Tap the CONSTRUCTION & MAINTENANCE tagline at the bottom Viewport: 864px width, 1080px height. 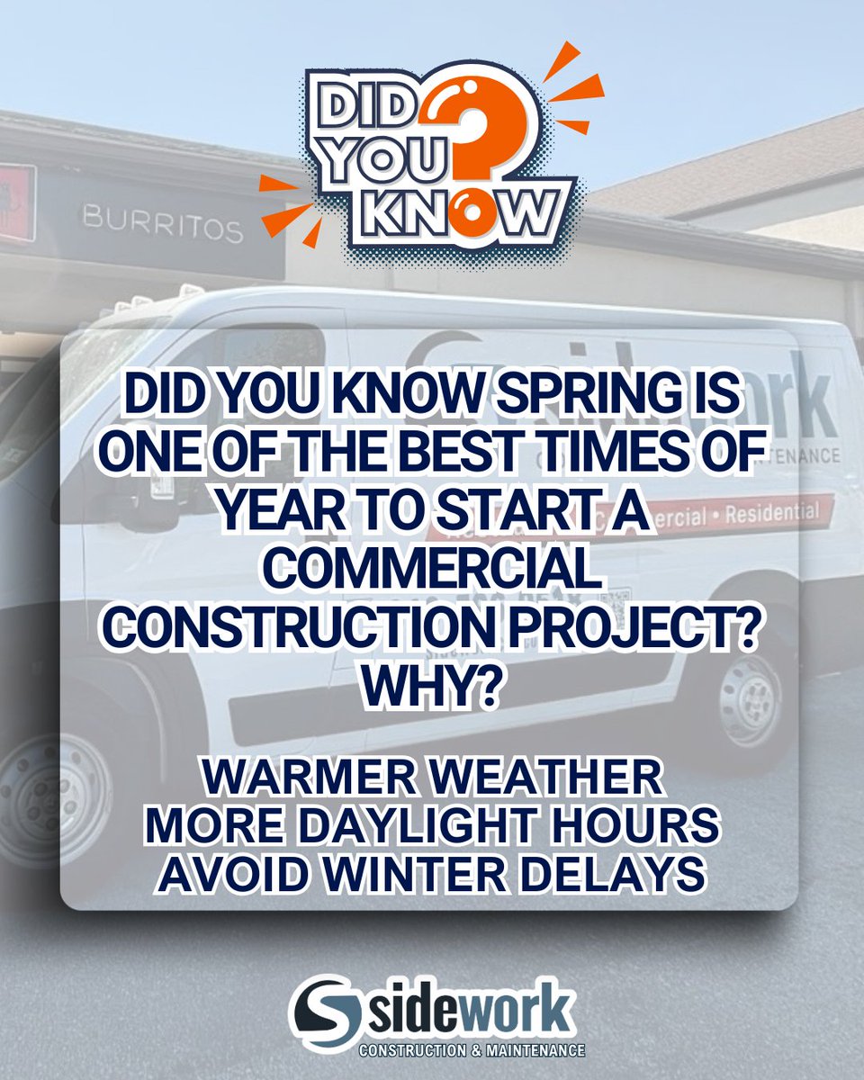point(472,1050)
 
